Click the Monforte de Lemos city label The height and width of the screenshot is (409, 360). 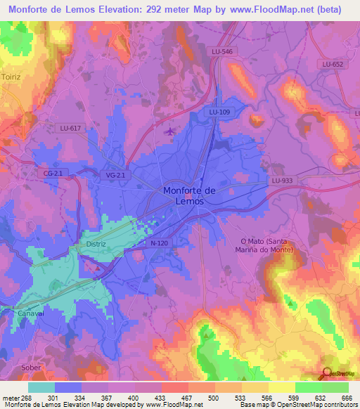click(184, 195)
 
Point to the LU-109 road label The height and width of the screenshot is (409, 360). click(219, 112)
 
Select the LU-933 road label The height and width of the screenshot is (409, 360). click(281, 181)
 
